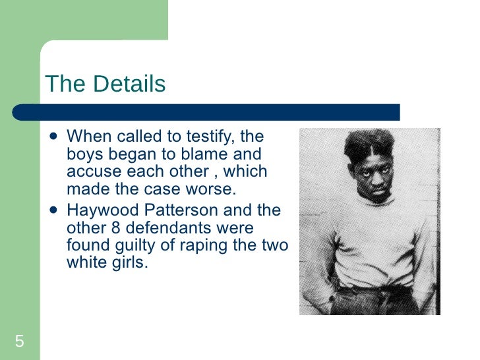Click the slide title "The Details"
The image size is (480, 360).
point(105,84)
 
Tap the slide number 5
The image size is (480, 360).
point(20,341)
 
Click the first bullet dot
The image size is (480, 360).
point(53,137)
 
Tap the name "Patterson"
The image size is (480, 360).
point(181,211)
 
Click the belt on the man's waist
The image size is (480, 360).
point(373,288)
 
